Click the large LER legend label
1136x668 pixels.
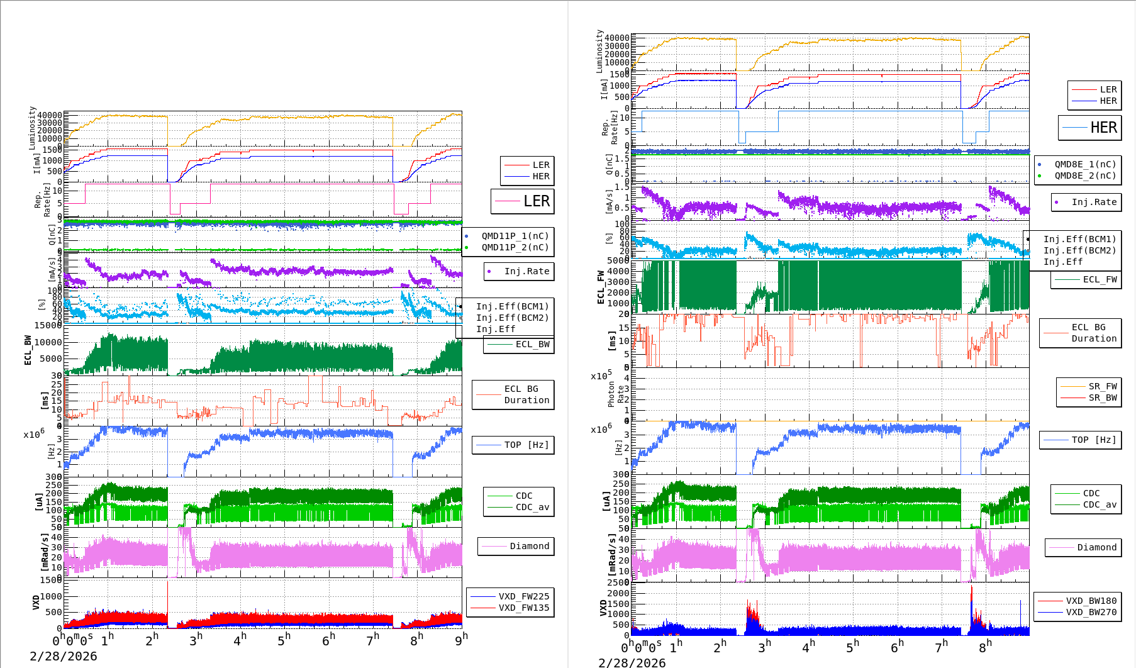[x=536, y=201]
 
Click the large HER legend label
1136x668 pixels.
[x=1103, y=128]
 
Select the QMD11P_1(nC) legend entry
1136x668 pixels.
[x=515, y=236]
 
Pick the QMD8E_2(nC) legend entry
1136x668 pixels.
[x=1085, y=175]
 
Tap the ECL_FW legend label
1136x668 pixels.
[x=1100, y=279]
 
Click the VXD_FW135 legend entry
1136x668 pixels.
[x=523, y=608]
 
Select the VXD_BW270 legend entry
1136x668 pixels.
[x=1091, y=612]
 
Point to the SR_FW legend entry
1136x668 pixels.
[x=1103, y=386]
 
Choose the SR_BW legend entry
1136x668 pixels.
[x=1103, y=398]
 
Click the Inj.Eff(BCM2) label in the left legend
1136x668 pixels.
[x=512, y=318]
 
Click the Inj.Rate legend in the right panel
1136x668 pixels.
[x=1094, y=202]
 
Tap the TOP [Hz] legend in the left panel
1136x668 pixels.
[x=526, y=445]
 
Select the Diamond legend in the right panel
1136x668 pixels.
[x=1096, y=547]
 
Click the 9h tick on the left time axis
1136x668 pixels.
[x=461, y=639]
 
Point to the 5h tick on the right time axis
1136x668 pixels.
[x=852, y=646]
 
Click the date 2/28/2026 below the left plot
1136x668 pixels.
[x=64, y=656]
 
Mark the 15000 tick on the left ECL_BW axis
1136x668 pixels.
[x=48, y=325]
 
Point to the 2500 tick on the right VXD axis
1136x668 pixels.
[x=618, y=582]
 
